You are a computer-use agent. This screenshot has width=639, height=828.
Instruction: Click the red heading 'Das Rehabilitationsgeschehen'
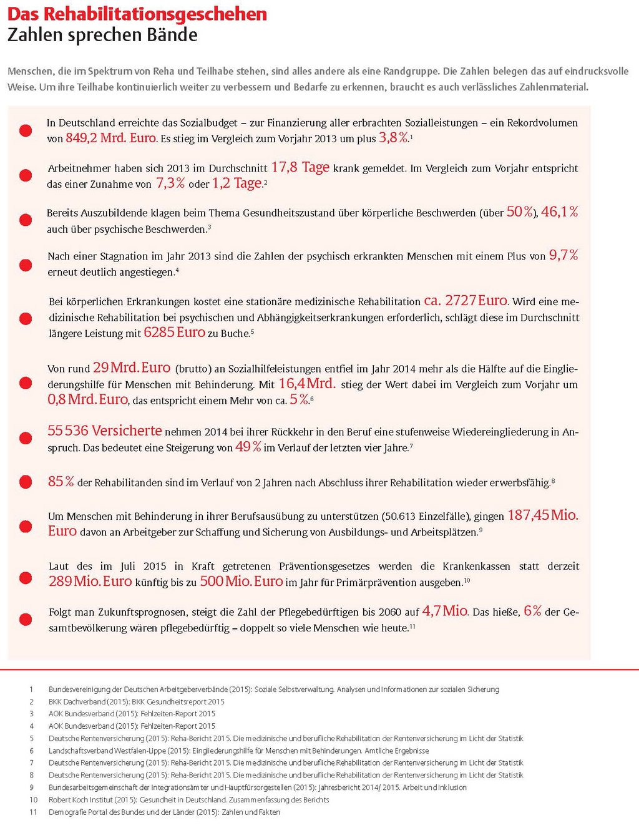(137, 14)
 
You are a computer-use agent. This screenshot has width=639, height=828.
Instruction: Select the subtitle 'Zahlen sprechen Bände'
(102, 35)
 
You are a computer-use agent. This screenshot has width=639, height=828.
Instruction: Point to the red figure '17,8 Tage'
(300, 167)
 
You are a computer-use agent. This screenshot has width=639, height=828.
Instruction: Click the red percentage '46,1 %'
(560, 212)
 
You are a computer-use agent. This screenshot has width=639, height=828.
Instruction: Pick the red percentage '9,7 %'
(563, 255)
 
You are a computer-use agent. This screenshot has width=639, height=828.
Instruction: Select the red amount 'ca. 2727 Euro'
(466, 301)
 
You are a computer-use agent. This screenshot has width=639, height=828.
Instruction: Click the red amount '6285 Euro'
(174, 333)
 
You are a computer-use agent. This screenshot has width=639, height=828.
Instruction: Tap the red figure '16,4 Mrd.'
(307, 384)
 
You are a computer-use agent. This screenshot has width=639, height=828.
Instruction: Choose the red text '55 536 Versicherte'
(104, 431)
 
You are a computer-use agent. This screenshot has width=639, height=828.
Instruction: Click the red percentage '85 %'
(61, 482)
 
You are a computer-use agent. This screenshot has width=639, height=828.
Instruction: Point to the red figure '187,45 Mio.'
(543, 515)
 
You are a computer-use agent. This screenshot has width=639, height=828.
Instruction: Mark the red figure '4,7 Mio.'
(445, 611)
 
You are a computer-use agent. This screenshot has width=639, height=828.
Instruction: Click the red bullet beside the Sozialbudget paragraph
(26, 130)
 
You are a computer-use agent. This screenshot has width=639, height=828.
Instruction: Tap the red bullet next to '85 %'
(26, 482)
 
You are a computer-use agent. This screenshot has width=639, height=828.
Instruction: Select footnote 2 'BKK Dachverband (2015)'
(136, 701)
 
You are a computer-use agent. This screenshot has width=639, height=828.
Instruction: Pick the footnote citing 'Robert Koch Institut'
(188, 799)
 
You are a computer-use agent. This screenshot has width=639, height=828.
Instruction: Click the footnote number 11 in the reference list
(33, 812)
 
